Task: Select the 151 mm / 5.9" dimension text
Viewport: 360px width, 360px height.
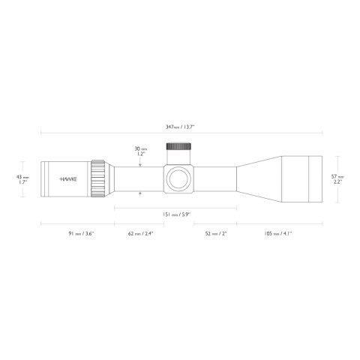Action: [x=176, y=214]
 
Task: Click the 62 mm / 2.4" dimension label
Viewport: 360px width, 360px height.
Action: [x=140, y=233]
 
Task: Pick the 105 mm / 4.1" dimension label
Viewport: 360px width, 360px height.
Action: [x=278, y=233]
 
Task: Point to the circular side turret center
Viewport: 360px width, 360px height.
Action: [x=178, y=178]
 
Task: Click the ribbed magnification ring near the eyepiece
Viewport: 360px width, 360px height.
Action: [x=98, y=178]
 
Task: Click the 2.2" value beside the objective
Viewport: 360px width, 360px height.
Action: [x=338, y=182]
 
